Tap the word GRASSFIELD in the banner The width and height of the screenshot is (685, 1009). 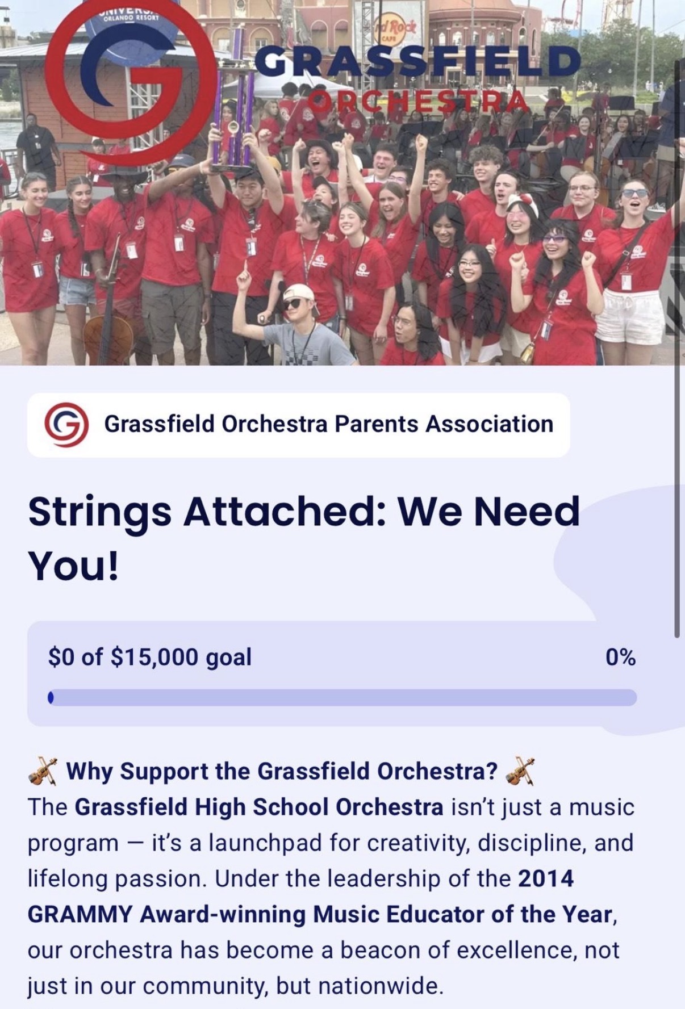(x=417, y=62)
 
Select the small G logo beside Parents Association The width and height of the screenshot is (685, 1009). (x=66, y=424)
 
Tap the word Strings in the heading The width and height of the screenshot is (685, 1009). (x=99, y=513)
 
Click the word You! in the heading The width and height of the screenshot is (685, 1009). (x=74, y=566)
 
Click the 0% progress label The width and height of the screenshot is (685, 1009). (x=620, y=657)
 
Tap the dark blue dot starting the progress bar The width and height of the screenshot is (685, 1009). (x=51, y=697)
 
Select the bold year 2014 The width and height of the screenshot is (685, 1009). (x=546, y=878)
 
